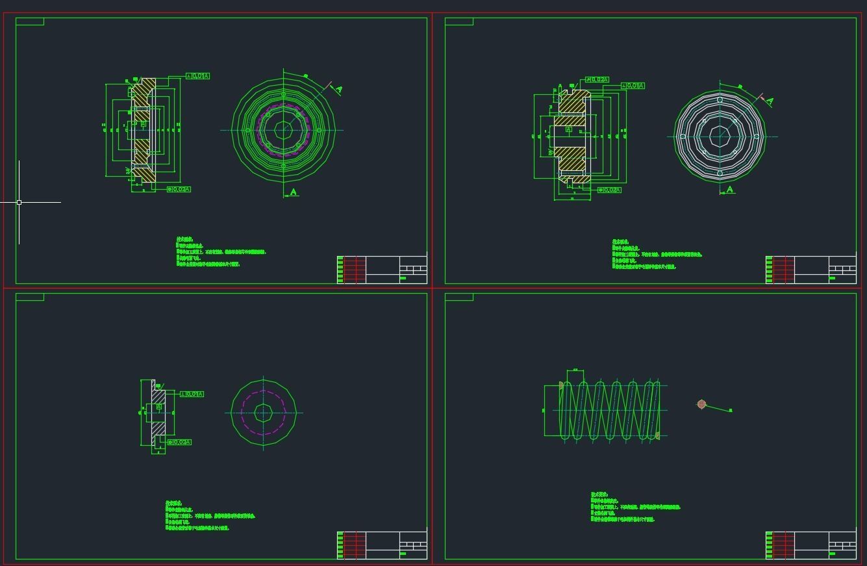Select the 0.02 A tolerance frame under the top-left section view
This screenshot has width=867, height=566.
click(x=179, y=189)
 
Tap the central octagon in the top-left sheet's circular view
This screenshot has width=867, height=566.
click(x=284, y=130)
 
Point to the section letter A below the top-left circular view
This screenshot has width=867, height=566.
click(x=294, y=192)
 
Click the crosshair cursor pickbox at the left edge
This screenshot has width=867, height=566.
click(x=19, y=202)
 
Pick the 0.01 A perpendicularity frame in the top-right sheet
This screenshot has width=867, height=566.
click(x=633, y=86)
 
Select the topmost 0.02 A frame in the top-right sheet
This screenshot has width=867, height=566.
click(x=597, y=79)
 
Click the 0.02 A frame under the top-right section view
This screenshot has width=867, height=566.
click(x=609, y=190)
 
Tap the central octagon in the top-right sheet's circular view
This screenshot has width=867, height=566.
click(x=720, y=136)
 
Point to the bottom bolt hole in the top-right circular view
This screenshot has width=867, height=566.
click(x=720, y=173)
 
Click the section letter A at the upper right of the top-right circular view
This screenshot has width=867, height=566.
click(x=770, y=101)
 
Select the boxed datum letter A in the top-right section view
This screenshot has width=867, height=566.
click(x=569, y=129)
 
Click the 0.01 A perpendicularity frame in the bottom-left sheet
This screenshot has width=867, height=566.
click(x=192, y=394)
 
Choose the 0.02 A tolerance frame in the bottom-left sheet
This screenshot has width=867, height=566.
click(x=179, y=442)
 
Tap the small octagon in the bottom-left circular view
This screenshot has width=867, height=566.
click(x=263, y=413)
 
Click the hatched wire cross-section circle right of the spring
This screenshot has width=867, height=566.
click(x=701, y=404)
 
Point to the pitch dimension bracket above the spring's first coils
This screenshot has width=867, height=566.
click(x=575, y=371)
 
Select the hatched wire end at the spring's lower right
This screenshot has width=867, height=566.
click(x=657, y=435)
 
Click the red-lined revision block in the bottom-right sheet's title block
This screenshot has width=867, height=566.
click(x=784, y=545)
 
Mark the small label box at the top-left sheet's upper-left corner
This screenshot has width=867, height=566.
click(x=30, y=21)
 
